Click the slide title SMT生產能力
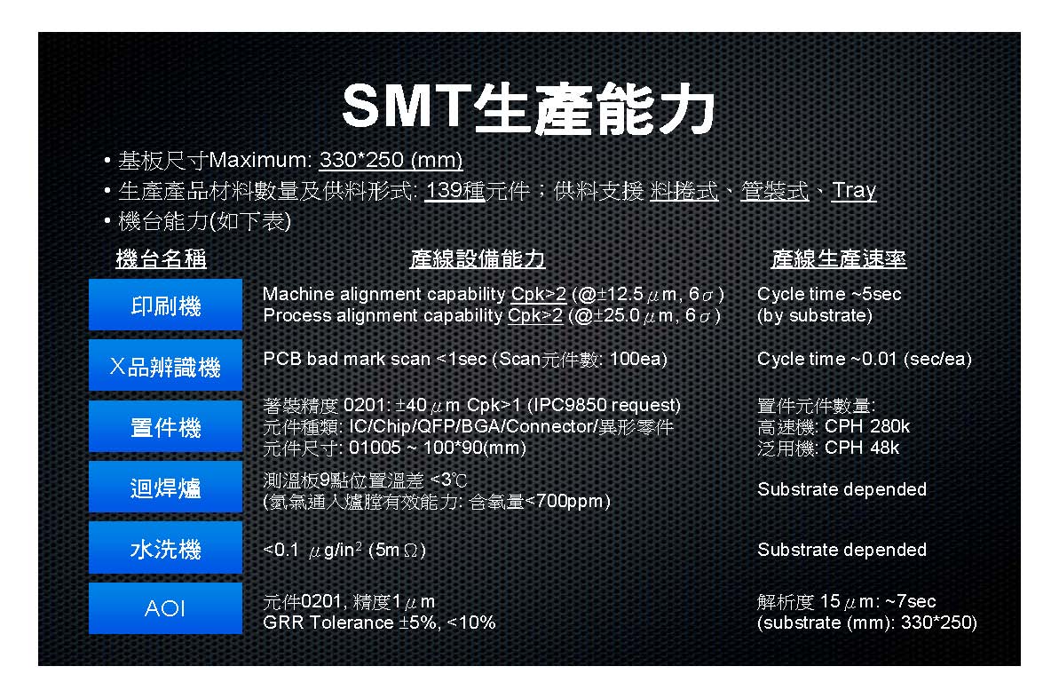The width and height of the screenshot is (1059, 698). [x=528, y=109]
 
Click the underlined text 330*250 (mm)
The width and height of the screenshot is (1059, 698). [x=391, y=162]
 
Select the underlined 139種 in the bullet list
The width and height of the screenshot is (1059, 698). [x=454, y=191]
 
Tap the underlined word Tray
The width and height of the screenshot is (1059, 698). [x=854, y=191]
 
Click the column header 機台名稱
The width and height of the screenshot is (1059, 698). [x=161, y=259]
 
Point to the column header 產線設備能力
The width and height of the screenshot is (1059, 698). [x=477, y=259]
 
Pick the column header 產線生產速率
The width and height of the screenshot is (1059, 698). [x=838, y=259]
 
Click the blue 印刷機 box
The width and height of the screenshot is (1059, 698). [x=165, y=305]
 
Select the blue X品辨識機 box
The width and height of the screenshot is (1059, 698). [x=165, y=366]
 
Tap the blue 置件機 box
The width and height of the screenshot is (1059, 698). [x=165, y=427]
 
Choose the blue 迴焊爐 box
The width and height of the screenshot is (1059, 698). [x=165, y=488]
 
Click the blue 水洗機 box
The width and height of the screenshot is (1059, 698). [x=165, y=549]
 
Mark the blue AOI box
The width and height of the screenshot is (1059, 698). [x=165, y=609]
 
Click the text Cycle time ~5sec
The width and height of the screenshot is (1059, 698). [x=829, y=294]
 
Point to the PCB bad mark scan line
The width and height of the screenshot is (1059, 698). [x=464, y=359]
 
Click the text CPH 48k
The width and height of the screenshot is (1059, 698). [x=861, y=448]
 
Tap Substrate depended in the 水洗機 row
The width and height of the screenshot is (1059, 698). [x=842, y=550]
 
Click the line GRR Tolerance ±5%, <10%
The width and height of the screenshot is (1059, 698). [x=379, y=623]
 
